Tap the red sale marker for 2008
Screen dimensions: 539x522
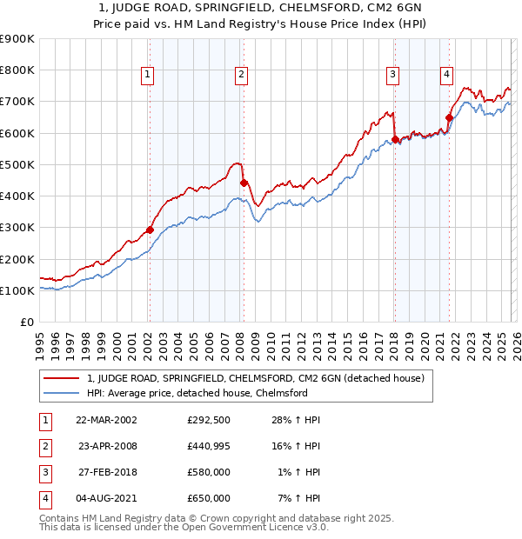[244, 183]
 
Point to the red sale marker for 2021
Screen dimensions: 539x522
[450, 117]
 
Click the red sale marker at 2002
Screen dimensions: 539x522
[150, 230]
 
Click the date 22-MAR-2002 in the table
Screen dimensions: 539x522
[106, 420]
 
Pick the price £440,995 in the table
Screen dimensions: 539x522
[208, 446]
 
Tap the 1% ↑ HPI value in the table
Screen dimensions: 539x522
[299, 472]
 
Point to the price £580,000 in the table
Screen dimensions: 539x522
[208, 472]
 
